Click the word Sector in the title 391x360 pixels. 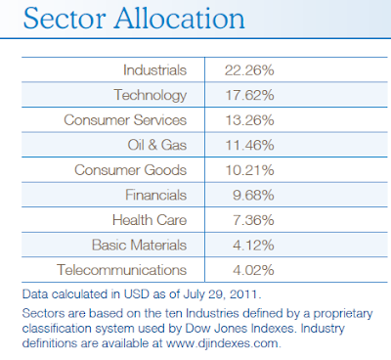pyautogui.click(x=65, y=19)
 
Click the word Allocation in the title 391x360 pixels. pyautogui.click(x=180, y=19)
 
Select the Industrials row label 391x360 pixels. pyautogui.click(x=154, y=70)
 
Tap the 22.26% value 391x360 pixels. pyautogui.click(x=249, y=70)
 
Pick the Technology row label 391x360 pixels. pyautogui.click(x=151, y=96)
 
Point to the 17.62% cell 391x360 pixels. pyautogui.click(x=249, y=95)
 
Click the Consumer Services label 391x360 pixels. pyautogui.click(x=125, y=120)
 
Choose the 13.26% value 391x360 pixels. pyautogui.click(x=249, y=120)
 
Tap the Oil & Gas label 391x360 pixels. pyautogui.click(x=157, y=145)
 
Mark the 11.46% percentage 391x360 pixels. pyautogui.click(x=249, y=145)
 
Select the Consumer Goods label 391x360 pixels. pyautogui.click(x=130, y=170)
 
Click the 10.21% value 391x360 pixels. pyautogui.click(x=249, y=170)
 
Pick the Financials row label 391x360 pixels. pyautogui.click(x=155, y=195)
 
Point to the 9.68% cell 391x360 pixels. pyautogui.click(x=253, y=196)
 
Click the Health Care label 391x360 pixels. pyautogui.click(x=150, y=220)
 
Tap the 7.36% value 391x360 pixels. pyautogui.click(x=253, y=220)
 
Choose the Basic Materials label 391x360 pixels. pyautogui.click(x=139, y=245)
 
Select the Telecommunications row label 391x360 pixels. pyautogui.click(x=122, y=270)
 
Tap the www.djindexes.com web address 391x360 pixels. pyautogui.click(x=223, y=343)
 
